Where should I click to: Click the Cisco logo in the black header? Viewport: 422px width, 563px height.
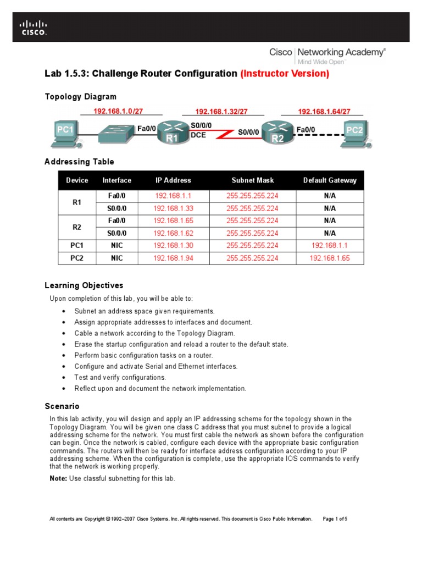[x=34, y=27]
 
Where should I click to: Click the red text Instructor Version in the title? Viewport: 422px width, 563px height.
[x=285, y=74]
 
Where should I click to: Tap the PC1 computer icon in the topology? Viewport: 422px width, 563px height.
[x=65, y=133]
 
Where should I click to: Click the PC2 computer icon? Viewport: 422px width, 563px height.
[x=353, y=133]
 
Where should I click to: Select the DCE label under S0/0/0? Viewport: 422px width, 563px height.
[x=198, y=135]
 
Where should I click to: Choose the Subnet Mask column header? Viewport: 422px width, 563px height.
[x=252, y=180]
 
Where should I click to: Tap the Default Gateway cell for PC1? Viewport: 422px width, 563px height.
[x=329, y=246]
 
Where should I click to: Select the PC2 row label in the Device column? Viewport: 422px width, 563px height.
[x=77, y=258]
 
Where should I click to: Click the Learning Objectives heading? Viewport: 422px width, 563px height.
[x=84, y=285]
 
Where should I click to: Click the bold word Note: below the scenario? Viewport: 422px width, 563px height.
[x=58, y=478]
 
